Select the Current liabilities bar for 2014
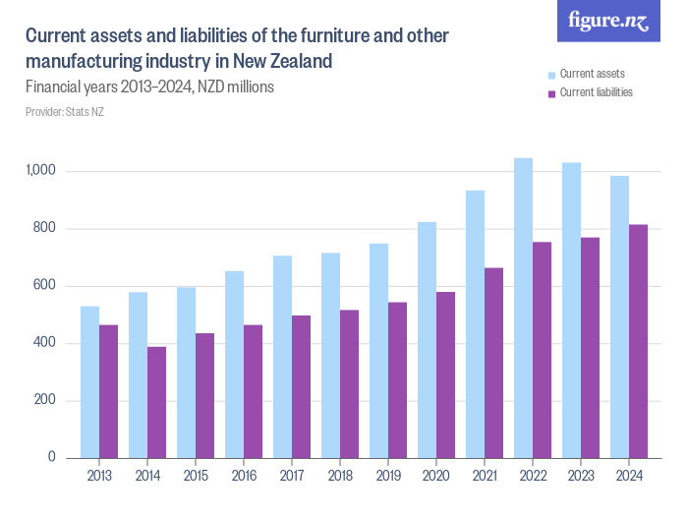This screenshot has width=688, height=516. click(x=157, y=402)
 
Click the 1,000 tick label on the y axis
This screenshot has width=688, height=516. click(x=42, y=171)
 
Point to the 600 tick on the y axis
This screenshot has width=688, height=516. click(x=47, y=286)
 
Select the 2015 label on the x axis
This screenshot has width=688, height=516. click(x=196, y=477)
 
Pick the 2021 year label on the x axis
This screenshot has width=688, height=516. click(x=485, y=477)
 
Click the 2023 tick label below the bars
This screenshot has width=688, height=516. click(x=581, y=477)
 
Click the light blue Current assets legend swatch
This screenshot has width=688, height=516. click(x=551, y=75)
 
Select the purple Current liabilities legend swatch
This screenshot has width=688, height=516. click(x=551, y=93)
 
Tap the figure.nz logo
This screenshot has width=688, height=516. click(x=608, y=22)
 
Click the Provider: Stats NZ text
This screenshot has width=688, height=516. click(x=65, y=112)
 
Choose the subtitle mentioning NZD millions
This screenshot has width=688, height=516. click(x=149, y=86)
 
